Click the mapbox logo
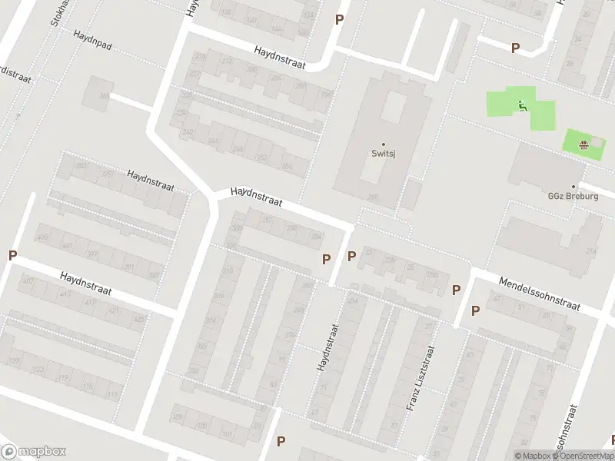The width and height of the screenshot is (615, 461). [x=34, y=452]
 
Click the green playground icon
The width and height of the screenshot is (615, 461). [x=523, y=107]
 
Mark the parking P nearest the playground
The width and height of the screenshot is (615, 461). [x=515, y=48]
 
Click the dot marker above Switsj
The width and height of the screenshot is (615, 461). [x=384, y=144]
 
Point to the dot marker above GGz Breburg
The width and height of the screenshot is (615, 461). [x=583, y=185]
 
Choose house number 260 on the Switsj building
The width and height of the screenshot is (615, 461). [x=373, y=197]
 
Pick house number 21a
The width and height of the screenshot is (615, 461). [x=590, y=251]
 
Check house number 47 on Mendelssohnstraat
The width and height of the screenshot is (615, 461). [x=497, y=298]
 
